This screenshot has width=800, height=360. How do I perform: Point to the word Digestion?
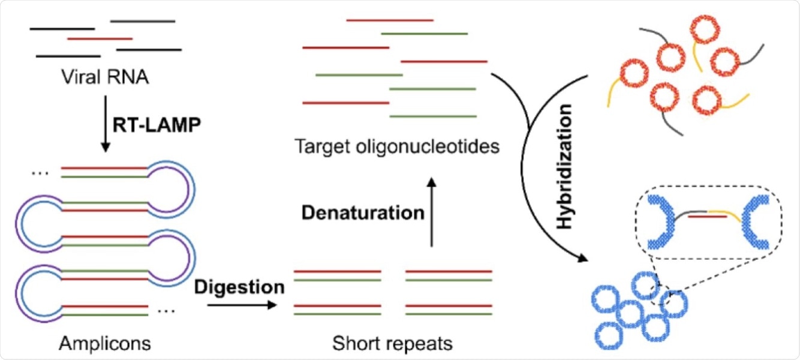[239, 287]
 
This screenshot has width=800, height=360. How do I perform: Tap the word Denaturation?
[363, 212]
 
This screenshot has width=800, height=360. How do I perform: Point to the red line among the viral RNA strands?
[100, 39]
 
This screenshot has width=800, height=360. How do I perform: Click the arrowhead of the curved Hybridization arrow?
[582, 259]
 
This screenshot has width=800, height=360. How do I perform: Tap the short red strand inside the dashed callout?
[705, 216]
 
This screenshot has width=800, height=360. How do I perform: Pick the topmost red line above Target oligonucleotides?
[390, 20]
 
